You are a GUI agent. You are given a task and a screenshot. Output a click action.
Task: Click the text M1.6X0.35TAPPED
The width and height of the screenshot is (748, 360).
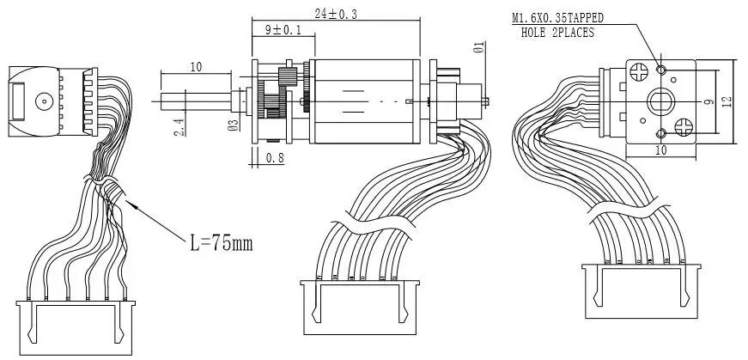click(556, 18)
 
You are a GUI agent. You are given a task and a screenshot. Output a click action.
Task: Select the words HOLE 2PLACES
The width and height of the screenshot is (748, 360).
click(557, 33)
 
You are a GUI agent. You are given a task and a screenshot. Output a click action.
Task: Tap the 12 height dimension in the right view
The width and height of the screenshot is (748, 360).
click(727, 101)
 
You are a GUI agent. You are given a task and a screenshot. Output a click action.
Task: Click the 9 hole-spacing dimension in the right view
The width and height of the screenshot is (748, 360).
click(708, 101)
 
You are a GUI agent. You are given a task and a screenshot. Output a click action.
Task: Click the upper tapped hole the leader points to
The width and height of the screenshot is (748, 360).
click(661, 69)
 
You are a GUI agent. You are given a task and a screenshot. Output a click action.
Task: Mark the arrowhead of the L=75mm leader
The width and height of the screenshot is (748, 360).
click(126, 201)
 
